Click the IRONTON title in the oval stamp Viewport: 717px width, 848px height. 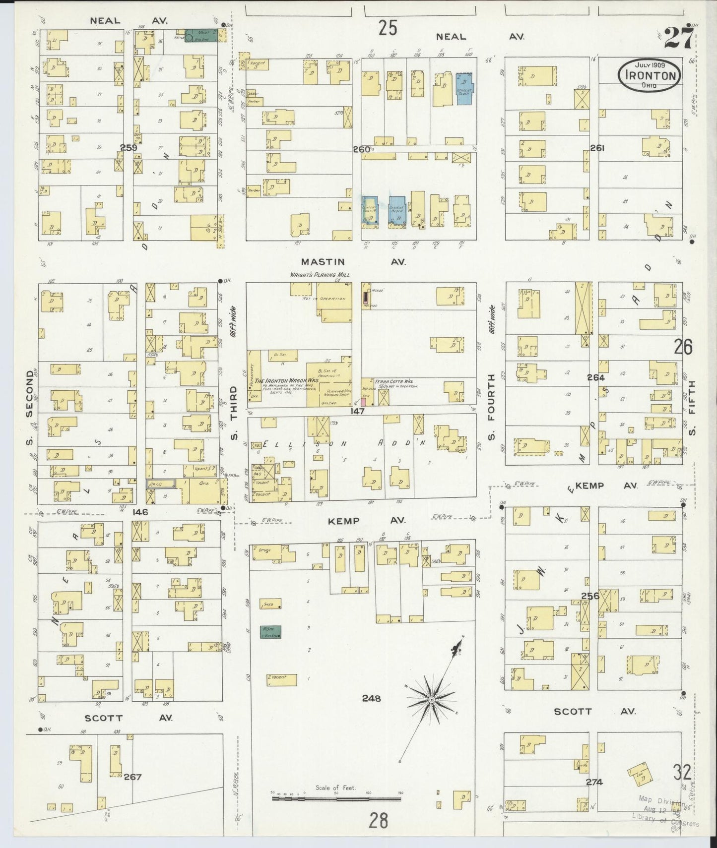[649, 76]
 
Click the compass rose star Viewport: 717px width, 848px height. [431, 699]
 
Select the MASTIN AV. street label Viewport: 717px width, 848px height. [353, 261]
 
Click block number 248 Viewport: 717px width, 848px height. [371, 698]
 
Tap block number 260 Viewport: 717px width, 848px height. [361, 149]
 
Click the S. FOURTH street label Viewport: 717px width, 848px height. [491, 408]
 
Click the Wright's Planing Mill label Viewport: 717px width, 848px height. [320, 275]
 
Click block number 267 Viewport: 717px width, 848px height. [132, 777]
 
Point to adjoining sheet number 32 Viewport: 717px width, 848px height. [682, 772]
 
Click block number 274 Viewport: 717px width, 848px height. [593, 782]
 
